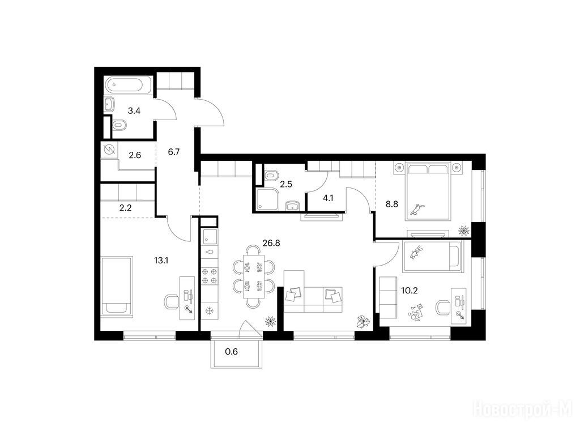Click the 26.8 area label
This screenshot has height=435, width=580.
pos(271,243)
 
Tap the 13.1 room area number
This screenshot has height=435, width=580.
pos(161,261)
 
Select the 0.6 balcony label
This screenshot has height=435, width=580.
pos(232,351)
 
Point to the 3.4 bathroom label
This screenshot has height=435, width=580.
pos(134,110)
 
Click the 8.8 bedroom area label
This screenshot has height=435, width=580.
pos(392,204)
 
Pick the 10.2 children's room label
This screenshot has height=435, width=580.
pos(410,291)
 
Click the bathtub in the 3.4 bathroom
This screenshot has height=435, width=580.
pos(129,85)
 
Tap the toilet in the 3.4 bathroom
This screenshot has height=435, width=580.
pos(119,125)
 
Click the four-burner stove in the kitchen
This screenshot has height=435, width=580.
pos(210,276)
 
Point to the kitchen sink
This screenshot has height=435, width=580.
pos(210,237)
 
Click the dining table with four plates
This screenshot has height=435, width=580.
pos(253,276)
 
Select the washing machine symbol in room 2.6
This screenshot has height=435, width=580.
pos(109,151)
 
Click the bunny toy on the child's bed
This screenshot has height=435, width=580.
pos(416,252)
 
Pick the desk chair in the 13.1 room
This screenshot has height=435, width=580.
pos(171,301)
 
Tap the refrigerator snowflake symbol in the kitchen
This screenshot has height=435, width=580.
pos(210,311)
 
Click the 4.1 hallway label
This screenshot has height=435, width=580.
pos(328,198)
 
